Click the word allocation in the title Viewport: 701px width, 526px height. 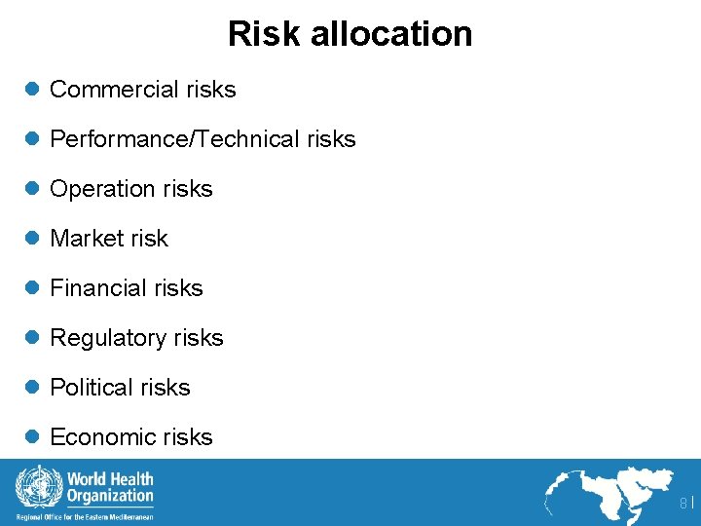tap(391, 34)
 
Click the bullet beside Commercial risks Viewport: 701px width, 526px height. tap(31, 90)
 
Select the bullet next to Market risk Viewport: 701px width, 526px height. tap(31, 239)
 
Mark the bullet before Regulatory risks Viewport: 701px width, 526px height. tap(31, 338)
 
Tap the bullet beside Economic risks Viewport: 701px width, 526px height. tap(31, 437)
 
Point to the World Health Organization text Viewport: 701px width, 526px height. tap(109, 486)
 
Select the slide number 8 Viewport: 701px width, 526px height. tap(683, 503)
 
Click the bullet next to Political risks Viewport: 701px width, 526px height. tap(31, 388)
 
